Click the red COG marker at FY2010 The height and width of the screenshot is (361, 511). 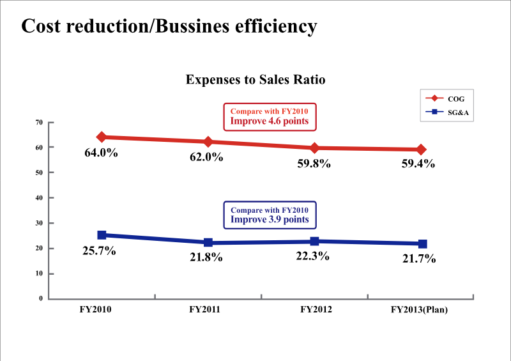tap(102, 137)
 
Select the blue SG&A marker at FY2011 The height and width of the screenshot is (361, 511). tap(208, 243)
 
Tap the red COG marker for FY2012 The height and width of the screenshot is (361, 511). tap(314, 148)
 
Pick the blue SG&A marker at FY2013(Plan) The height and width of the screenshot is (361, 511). tap(422, 244)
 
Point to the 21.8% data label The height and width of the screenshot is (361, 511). tap(206, 257)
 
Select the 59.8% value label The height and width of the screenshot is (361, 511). tap(314, 164)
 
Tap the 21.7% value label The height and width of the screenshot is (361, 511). tap(419, 259)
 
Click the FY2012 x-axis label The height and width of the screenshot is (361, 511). tap(316, 310)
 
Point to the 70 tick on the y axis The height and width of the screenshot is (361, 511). tap(39, 122)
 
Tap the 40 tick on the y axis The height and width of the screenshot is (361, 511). tap(39, 198)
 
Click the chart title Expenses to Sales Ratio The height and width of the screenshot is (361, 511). tap(256, 80)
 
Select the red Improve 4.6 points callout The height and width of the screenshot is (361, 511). tap(269, 116)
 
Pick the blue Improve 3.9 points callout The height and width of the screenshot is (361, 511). tap(270, 215)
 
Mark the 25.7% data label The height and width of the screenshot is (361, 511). tap(99, 251)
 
